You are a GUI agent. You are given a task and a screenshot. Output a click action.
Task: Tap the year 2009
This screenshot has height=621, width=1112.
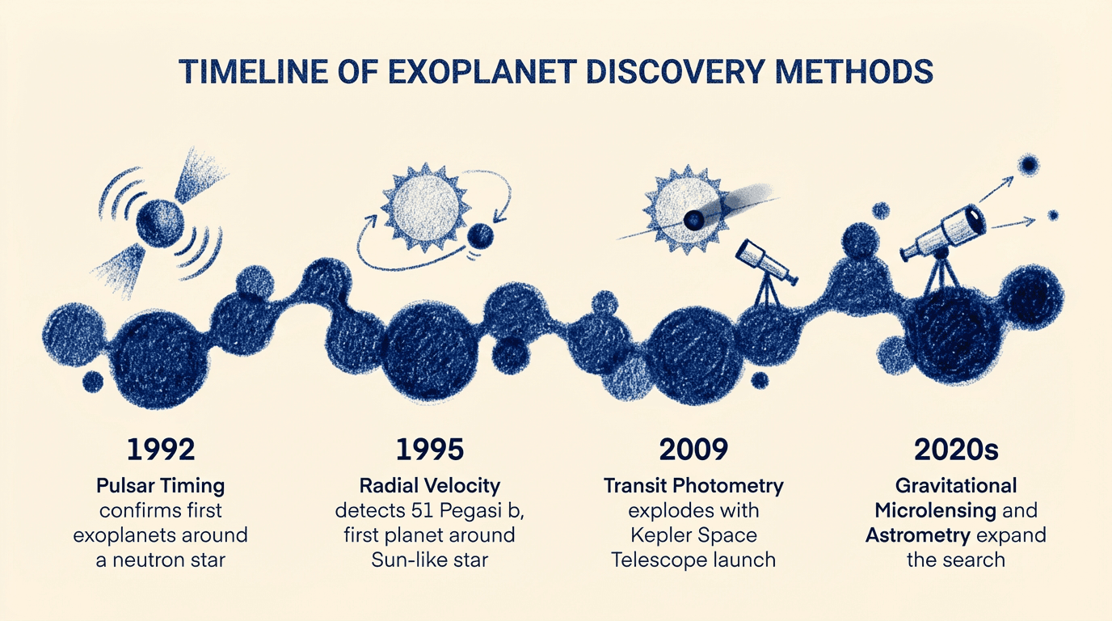pos(693,450)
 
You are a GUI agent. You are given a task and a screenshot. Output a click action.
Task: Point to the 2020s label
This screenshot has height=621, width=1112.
pos(955,450)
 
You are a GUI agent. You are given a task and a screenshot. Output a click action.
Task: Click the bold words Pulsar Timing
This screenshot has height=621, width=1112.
pos(160,486)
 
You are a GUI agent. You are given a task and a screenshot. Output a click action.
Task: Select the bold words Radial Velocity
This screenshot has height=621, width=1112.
pos(429,486)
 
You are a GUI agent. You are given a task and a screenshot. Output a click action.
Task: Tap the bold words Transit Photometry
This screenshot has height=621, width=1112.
pos(693,486)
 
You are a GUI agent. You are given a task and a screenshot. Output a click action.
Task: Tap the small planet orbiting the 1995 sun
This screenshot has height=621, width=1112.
pos(481,235)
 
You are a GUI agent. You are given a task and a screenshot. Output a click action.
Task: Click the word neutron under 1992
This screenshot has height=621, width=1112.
pos(153,560)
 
